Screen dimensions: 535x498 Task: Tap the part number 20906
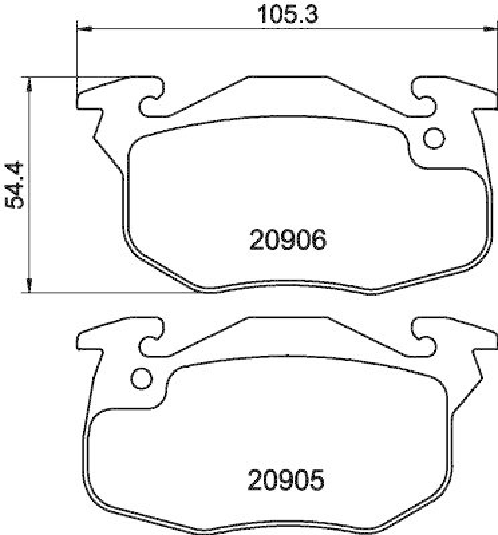click(287, 239)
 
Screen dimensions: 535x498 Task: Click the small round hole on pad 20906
click(434, 138)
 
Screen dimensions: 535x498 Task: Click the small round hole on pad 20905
click(141, 378)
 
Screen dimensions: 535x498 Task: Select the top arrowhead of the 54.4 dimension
click(29, 82)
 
